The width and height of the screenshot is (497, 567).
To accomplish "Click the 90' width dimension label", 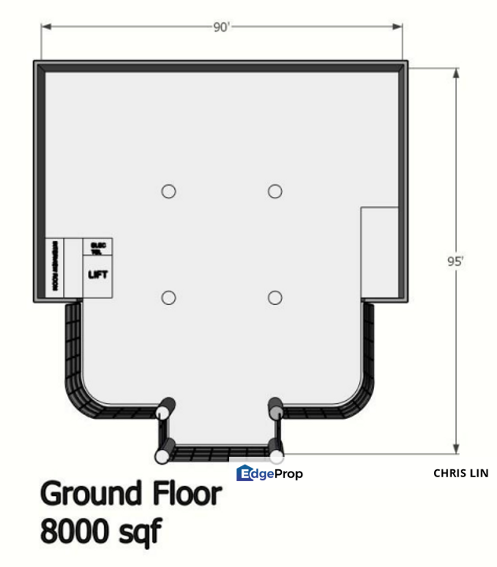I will point(221,27).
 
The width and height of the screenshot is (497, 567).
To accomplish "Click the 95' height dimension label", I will point(455,261).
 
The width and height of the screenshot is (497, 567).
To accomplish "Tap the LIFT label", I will point(98,274).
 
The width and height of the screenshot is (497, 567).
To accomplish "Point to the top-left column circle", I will point(168,191).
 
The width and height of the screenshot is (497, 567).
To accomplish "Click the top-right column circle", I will point(275,191).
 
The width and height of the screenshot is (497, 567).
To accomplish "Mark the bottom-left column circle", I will point(168,297).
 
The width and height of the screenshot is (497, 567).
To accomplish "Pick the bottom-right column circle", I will point(275,297).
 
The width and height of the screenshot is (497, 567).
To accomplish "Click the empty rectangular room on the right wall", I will point(380,254).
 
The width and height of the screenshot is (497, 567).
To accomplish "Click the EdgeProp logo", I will point(269,473).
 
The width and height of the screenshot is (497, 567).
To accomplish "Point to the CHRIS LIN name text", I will point(461,473).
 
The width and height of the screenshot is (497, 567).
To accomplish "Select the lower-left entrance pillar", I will point(162,456).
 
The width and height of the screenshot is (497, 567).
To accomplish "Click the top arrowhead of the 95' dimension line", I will point(455,72).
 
